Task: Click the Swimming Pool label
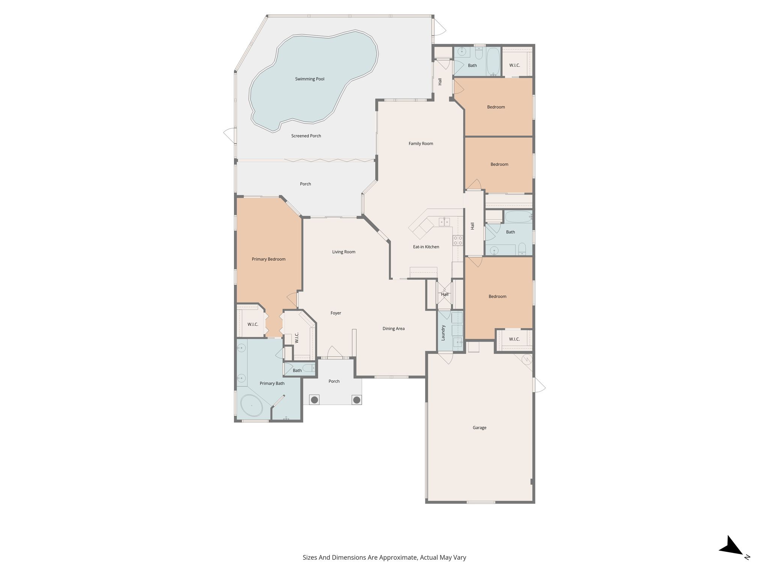click(309, 79)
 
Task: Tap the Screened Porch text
click(306, 136)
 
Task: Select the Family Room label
click(421, 143)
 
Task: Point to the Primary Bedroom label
click(268, 259)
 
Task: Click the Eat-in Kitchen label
click(426, 247)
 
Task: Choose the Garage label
click(479, 427)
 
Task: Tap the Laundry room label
click(443, 333)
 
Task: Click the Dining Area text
click(394, 329)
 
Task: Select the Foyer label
click(336, 313)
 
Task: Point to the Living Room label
click(344, 252)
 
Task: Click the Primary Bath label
click(272, 384)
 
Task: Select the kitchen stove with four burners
click(458, 240)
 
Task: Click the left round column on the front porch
click(314, 399)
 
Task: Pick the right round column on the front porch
click(357, 399)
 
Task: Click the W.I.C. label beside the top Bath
click(514, 65)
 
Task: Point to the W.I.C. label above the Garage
click(514, 339)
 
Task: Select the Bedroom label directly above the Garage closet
click(497, 296)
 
